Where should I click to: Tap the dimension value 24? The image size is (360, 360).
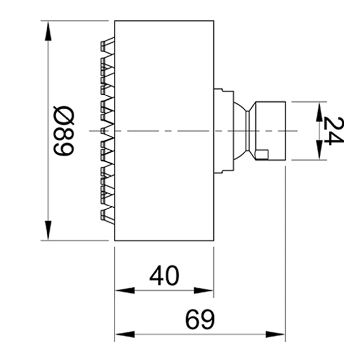pyautogui.click(x=332, y=130)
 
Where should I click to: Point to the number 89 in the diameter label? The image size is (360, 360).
pyautogui.click(x=64, y=143)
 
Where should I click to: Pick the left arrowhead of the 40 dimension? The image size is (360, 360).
pyautogui.click(x=124, y=291)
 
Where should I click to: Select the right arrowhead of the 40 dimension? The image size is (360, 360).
pyautogui.click(x=204, y=291)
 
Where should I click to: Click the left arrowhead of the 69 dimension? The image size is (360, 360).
pyautogui.click(x=124, y=334)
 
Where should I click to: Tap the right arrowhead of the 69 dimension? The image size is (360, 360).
pyautogui.click(x=275, y=334)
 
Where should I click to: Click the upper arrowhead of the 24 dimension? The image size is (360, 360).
pyautogui.click(x=319, y=112)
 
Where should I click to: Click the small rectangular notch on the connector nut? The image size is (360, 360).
pyautogui.click(x=262, y=154)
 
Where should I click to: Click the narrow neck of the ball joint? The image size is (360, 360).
pyautogui.click(x=248, y=130)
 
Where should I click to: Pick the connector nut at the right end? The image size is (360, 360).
pyautogui.click(x=270, y=130)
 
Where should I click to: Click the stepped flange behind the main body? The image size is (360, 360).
pyautogui.click(x=224, y=130)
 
